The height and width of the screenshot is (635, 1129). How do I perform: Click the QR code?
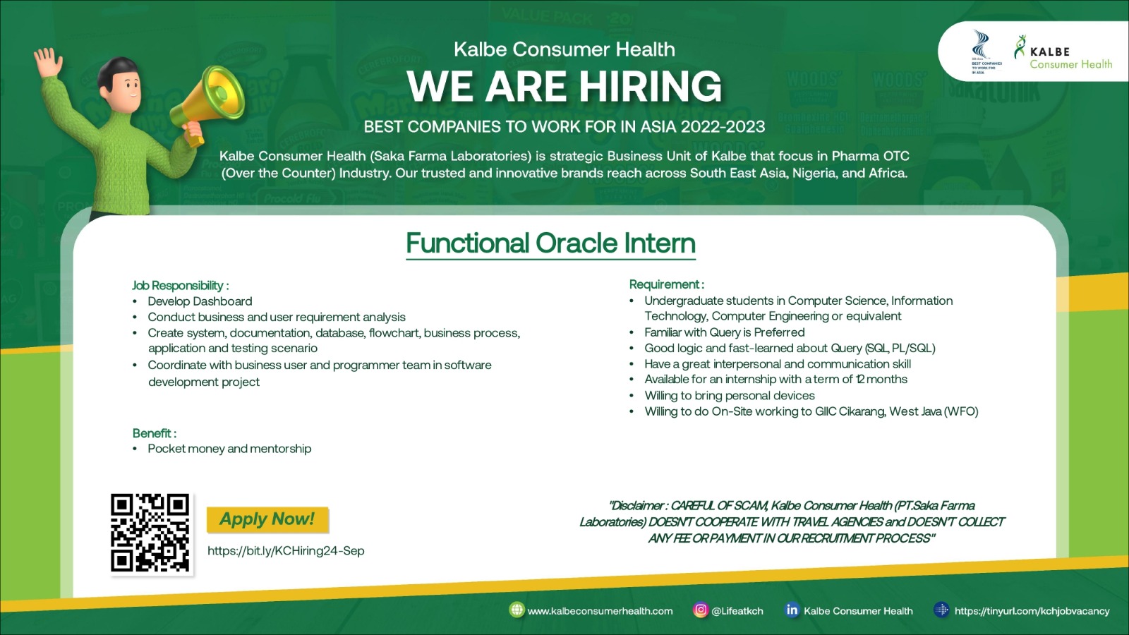click(150, 533)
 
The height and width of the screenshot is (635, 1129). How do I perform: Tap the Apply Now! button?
click(267, 519)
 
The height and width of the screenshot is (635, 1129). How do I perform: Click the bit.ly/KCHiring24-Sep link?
click(286, 551)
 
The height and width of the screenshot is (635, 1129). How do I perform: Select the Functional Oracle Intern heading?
click(551, 243)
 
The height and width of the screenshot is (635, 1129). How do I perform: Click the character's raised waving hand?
click(48, 62)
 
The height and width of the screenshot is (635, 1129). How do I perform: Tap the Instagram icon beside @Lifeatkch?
click(700, 610)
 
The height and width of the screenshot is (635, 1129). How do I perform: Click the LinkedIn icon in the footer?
click(792, 610)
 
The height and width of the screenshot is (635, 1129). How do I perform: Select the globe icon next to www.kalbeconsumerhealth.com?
click(517, 610)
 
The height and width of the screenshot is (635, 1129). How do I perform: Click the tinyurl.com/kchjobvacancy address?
click(1032, 611)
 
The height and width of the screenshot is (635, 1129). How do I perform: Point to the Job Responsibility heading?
click(181, 286)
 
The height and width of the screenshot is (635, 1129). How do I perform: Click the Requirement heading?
click(666, 284)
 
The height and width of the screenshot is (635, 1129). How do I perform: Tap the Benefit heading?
click(155, 433)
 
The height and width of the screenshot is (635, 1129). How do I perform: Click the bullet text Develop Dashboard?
click(200, 301)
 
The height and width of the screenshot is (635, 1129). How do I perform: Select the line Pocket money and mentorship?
click(229, 449)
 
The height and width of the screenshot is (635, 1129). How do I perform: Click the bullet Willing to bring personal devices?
click(730, 396)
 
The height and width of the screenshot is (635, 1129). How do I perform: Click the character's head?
click(119, 82)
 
